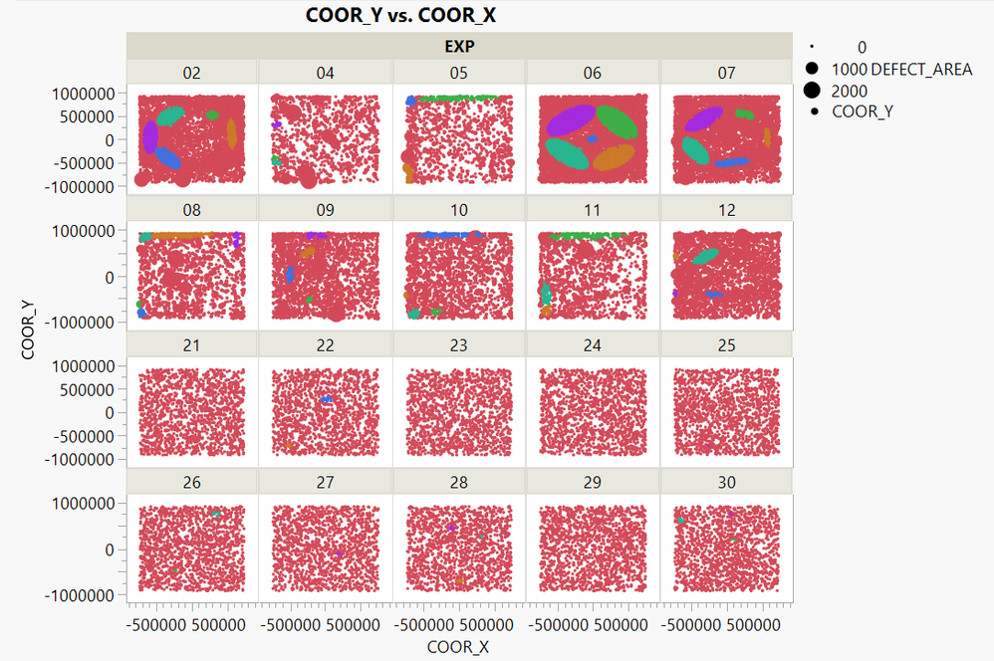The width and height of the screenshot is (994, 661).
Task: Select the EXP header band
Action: coord(459,46)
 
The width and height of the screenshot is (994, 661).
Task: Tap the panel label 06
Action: coord(593,72)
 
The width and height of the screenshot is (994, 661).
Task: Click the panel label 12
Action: coord(726,209)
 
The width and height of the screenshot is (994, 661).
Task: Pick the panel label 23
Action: coord(459,345)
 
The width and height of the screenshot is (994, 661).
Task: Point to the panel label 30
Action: coord(726,483)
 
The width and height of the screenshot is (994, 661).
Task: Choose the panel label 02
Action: coord(192,72)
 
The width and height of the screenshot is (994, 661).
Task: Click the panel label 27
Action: coord(325,483)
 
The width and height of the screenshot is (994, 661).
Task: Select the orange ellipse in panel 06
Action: coord(614,156)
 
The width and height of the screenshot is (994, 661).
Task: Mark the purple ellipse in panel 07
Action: coord(704,119)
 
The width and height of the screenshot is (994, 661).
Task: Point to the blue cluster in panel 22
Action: coord(327,399)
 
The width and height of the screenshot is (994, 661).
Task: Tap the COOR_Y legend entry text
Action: coord(863,111)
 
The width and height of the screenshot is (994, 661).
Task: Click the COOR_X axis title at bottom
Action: coord(458,647)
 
